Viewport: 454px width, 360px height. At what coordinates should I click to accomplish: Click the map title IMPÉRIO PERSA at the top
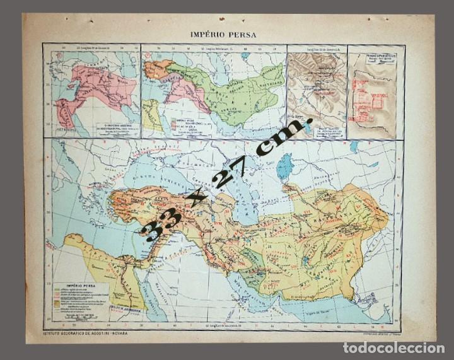tap(223, 35)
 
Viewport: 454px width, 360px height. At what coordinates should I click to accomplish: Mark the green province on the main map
tap(252, 260)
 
